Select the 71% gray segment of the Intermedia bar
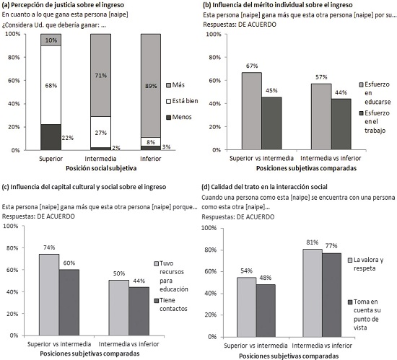pyautogui.click(x=100, y=75)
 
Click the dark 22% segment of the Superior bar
pyautogui.click(x=50, y=137)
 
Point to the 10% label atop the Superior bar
pyautogui.click(x=50, y=40)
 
